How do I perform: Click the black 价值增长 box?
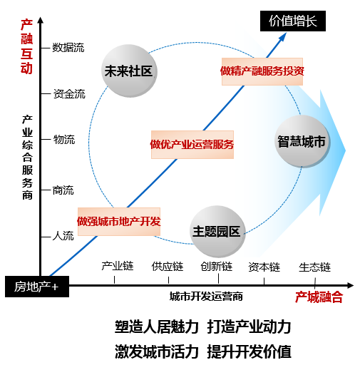pyautogui.click(x=293, y=21)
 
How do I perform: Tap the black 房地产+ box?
pyautogui.click(x=37, y=287)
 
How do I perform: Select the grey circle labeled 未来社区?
pyautogui.click(x=129, y=71)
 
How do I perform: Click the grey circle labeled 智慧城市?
pyautogui.click(x=302, y=141)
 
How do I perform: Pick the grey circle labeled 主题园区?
pyautogui.click(x=217, y=232)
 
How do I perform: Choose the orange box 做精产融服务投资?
pyautogui.click(x=262, y=71)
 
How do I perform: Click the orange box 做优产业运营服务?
pyautogui.click(x=192, y=145)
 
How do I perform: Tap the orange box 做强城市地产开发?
pyautogui.click(x=119, y=222)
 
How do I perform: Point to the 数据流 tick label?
pyautogui.click(x=68, y=48)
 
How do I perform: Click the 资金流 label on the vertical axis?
pyautogui.click(x=69, y=93)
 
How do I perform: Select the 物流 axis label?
pyautogui.click(x=64, y=139)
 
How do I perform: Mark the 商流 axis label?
pyautogui.click(x=63, y=190)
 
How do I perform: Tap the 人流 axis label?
pyautogui.click(x=63, y=236)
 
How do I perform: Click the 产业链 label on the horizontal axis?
pyautogui.click(x=118, y=266)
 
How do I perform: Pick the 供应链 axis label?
pyautogui.click(x=168, y=267)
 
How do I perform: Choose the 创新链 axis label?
pyautogui.click(x=217, y=267)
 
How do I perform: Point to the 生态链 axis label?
pyautogui.click(x=314, y=267)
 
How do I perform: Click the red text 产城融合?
pyautogui.click(x=319, y=297)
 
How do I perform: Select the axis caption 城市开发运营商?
pyautogui.click(x=206, y=297)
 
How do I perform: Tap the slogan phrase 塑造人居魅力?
pyautogui.click(x=157, y=327)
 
